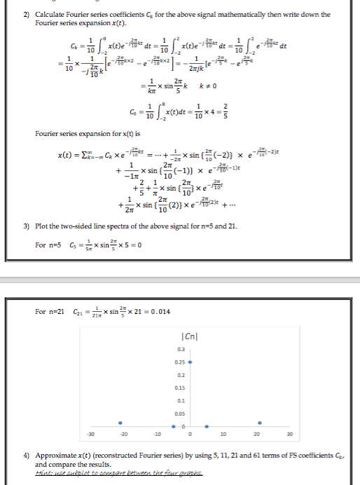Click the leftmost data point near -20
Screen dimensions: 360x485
tap(120, 423)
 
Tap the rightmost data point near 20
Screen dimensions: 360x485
tap(260, 423)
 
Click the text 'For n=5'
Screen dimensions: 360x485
tap(46, 245)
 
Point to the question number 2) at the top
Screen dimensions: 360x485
tap(26, 15)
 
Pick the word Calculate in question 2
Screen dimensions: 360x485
tap(50, 15)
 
